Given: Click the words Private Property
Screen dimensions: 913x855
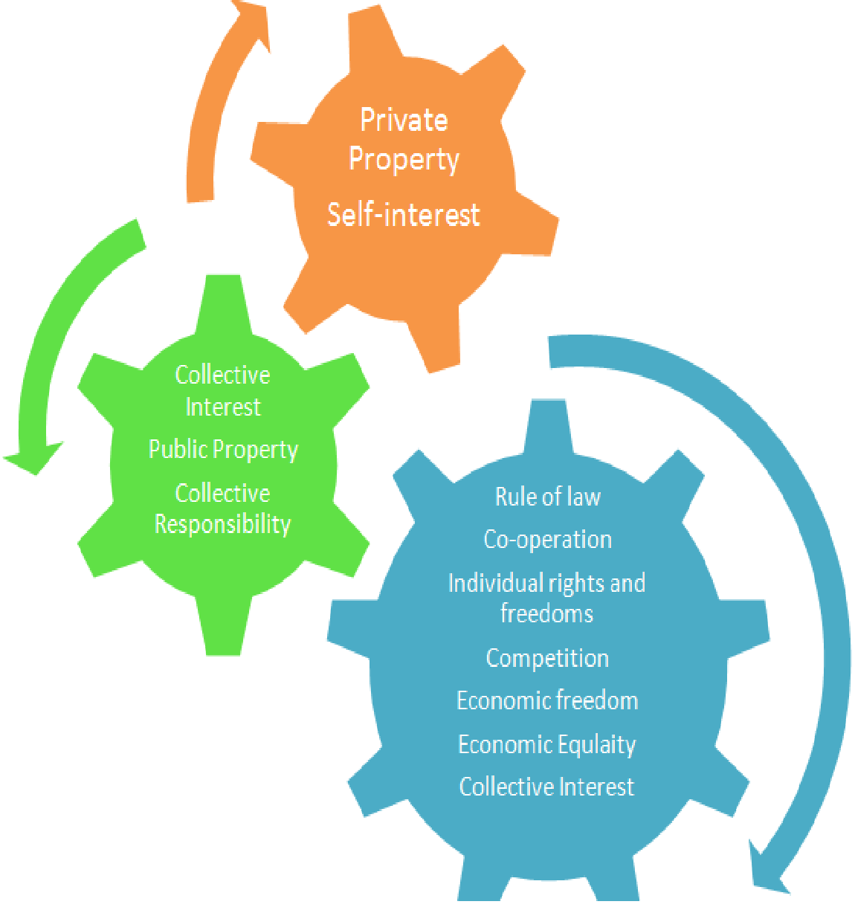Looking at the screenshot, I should [404, 140].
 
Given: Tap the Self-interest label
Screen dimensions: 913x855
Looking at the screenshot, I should [404, 215].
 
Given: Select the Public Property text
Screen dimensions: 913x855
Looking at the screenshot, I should [223, 450].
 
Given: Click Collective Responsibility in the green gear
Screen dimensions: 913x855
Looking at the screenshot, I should [222, 509].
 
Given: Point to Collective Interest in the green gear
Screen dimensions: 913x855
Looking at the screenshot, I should [222, 390].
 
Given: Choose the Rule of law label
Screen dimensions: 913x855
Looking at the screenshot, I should [547, 497].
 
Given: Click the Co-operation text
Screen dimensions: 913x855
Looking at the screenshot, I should [547, 540].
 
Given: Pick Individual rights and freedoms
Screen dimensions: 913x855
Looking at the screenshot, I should [546, 598].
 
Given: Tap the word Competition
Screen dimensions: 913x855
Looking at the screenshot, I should [547, 658].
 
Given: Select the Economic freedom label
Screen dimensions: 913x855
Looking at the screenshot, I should [547, 700].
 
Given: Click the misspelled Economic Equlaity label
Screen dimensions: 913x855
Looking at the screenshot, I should [547, 744].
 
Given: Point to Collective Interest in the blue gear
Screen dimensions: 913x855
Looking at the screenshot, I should [546, 787].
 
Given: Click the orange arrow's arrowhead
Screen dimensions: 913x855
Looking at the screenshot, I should [249, 19].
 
